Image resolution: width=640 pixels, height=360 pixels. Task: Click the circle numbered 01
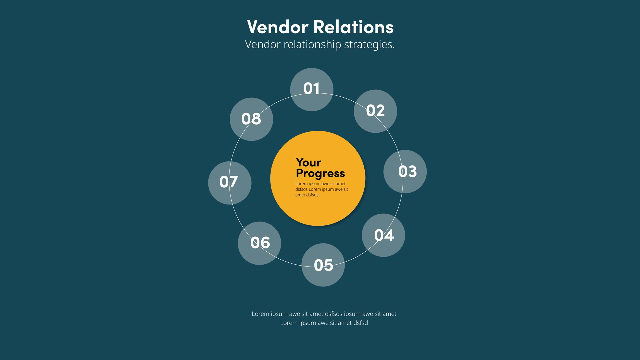pos(312,89)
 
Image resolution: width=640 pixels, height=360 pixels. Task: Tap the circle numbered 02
pos(375,111)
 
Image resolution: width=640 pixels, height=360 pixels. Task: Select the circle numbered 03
pos(405,171)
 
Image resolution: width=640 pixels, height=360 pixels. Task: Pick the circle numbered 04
pos(383,235)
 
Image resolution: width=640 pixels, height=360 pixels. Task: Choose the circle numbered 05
pos(323,265)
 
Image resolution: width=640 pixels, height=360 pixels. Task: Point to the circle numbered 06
pos(259,243)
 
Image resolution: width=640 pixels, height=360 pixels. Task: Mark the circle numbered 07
pos(230,183)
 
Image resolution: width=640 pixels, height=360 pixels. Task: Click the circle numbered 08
pos(251,119)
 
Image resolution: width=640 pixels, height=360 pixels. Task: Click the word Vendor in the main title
pos(277,27)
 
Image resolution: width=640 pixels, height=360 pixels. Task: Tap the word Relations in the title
pos(353,27)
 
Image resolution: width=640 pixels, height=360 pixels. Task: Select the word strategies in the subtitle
pos(369,45)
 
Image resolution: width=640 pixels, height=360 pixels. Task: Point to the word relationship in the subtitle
pos(312,45)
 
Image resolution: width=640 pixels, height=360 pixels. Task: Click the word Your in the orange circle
pos(308,162)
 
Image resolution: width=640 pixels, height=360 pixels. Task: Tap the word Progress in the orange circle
pos(320,173)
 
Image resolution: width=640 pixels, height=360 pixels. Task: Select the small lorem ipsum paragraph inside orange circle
pos(321,189)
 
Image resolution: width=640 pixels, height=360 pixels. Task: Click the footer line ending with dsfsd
pos(324,323)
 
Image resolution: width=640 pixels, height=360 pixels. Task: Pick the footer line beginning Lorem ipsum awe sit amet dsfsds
pos(324,314)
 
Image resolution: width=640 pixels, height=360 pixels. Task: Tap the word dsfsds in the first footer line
pos(334,314)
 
